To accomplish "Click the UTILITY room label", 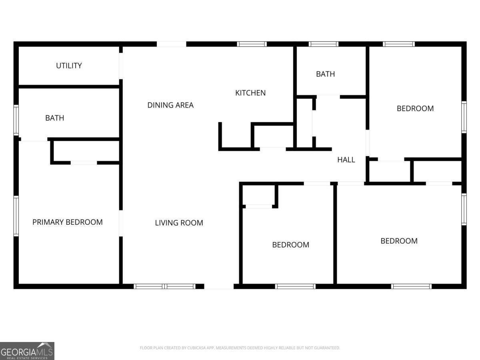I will coord(69,66).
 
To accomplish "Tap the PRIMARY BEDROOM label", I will coord(67,222).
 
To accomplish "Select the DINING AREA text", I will coord(170,105).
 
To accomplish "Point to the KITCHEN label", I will coord(250,93).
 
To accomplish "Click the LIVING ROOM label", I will coord(179,223).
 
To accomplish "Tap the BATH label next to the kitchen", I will coord(325,74).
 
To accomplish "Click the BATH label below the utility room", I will coord(54,118).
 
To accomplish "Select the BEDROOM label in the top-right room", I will coord(415,108).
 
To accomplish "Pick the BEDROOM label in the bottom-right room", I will coord(399,241).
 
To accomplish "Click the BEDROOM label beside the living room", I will coord(290,245).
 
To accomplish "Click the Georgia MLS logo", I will coord(27,351).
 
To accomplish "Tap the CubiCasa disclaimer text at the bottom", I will coord(240,348).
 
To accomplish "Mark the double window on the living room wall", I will coord(164,286).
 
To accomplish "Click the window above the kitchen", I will coord(252,44).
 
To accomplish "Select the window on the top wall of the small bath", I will coord(324,44).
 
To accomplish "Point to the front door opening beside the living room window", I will coord(219,286).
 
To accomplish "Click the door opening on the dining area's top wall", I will coord(171,44).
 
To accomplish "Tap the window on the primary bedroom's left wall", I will coord(16,216).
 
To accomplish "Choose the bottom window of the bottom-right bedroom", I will coord(411,286).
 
